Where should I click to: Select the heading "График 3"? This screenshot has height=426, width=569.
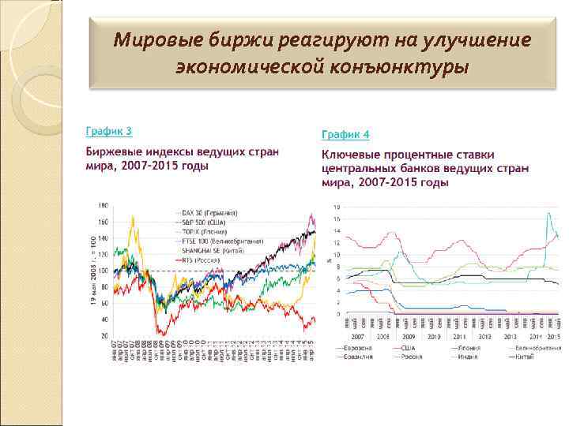108,131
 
